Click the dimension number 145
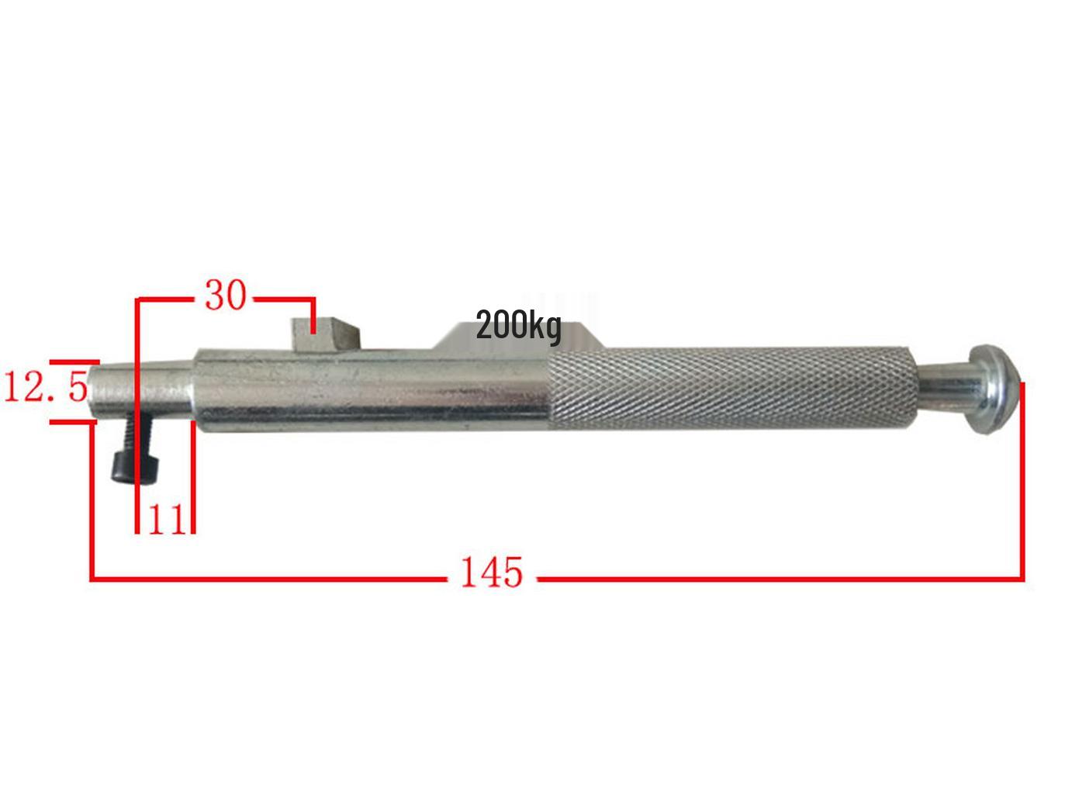(x=492, y=572)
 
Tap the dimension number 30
(x=226, y=296)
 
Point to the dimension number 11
(x=167, y=520)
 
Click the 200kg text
(x=519, y=326)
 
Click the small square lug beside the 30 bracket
(x=325, y=333)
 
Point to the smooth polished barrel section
(x=372, y=391)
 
